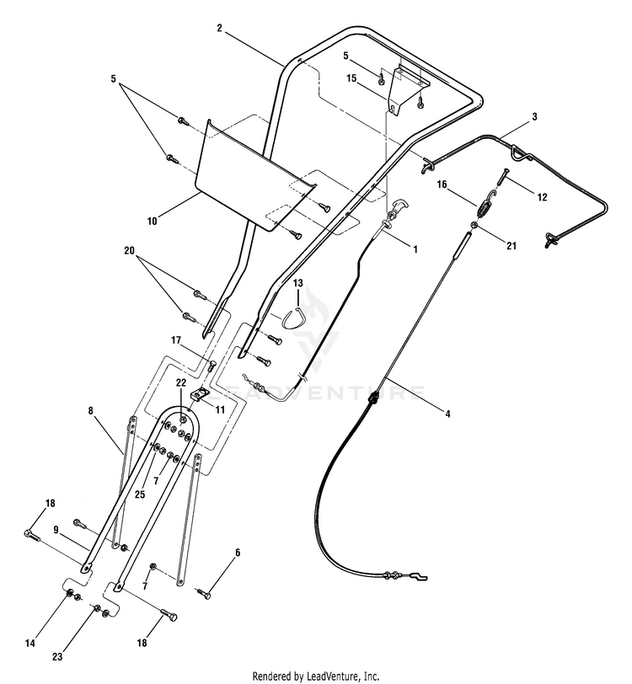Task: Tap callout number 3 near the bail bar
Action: pyautogui.click(x=534, y=115)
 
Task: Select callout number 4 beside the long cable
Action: pyautogui.click(x=447, y=414)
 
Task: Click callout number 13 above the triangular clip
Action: pyautogui.click(x=297, y=284)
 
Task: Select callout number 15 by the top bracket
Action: pyautogui.click(x=353, y=78)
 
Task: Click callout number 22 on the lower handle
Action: pyautogui.click(x=180, y=383)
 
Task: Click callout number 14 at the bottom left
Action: pyautogui.click(x=29, y=643)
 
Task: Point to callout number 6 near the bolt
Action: pyautogui.click(x=238, y=553)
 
